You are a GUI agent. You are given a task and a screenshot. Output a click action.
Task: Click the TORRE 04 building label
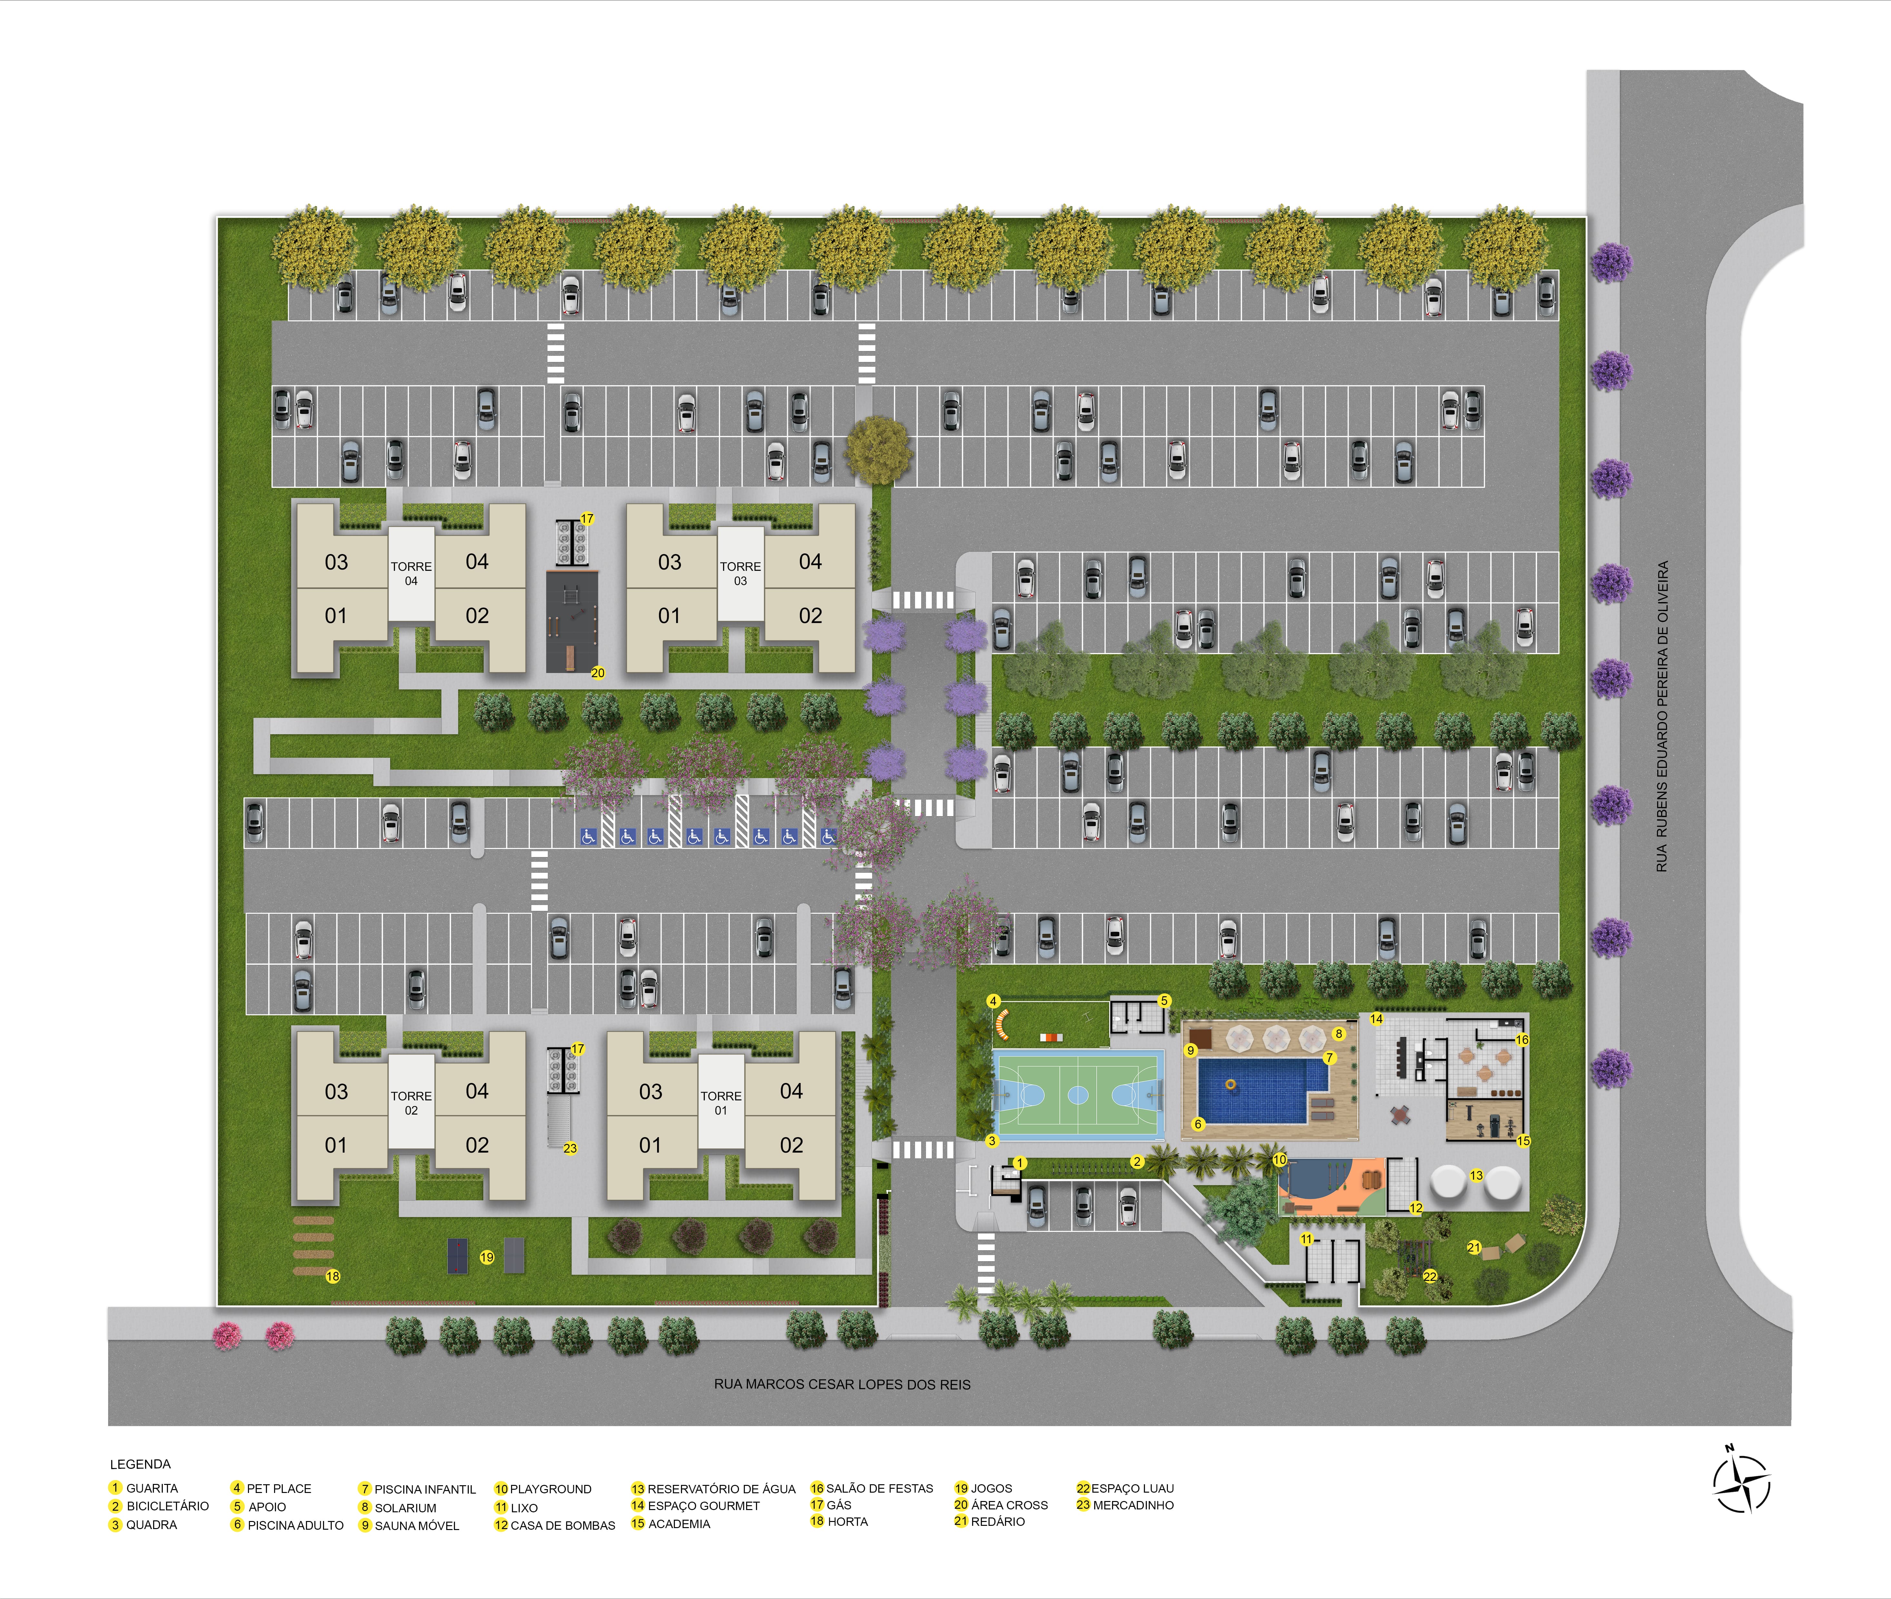[411, 573]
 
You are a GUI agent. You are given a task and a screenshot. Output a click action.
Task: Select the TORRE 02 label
[411, 1102]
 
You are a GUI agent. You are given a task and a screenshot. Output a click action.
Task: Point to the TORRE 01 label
[721, 1102]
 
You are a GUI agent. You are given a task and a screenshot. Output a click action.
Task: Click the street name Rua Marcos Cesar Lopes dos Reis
[842, 1384]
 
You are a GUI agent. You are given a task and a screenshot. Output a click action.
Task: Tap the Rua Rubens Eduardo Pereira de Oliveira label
[1662, 716]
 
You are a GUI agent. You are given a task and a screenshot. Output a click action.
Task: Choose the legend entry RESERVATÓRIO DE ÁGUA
[714, 1488]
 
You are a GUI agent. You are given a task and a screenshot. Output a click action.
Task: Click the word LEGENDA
[141, 1464]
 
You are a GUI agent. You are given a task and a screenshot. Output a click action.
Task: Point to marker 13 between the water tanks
[1476, 1176]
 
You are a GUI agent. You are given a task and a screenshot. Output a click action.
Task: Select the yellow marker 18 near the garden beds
[333, 1276]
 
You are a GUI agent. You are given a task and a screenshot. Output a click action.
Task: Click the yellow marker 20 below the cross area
[597, 673]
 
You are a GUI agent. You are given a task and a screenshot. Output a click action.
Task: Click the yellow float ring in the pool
[1230, 1084]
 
